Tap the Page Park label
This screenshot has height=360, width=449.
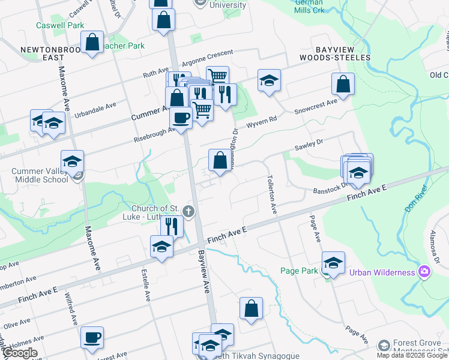pos(299,271)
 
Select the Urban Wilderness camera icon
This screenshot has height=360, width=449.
pos(424,272)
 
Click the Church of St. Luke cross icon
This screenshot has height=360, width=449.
pos(188,211)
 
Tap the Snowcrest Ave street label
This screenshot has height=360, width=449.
pos(315,107)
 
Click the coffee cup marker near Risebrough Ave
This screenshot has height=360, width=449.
pos(181,117)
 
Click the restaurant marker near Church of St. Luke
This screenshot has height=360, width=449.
pos(172,226)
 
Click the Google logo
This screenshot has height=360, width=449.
pos(20,353)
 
